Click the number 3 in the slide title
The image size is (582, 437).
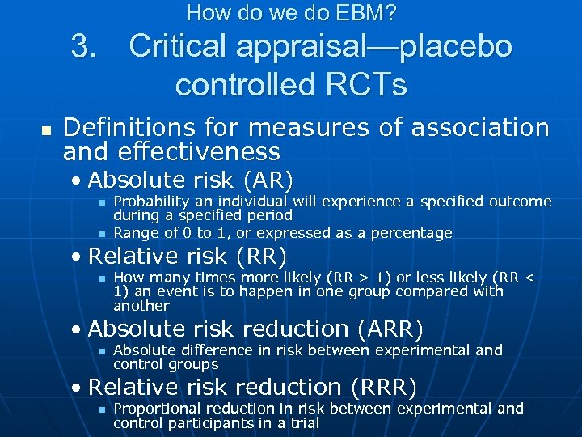click(83, 47)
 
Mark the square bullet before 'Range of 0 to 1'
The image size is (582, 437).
click(101, 234)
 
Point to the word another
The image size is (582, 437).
click(141, 306)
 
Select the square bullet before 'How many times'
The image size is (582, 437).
click(101, 278)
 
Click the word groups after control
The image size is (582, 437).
click(195, 365)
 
